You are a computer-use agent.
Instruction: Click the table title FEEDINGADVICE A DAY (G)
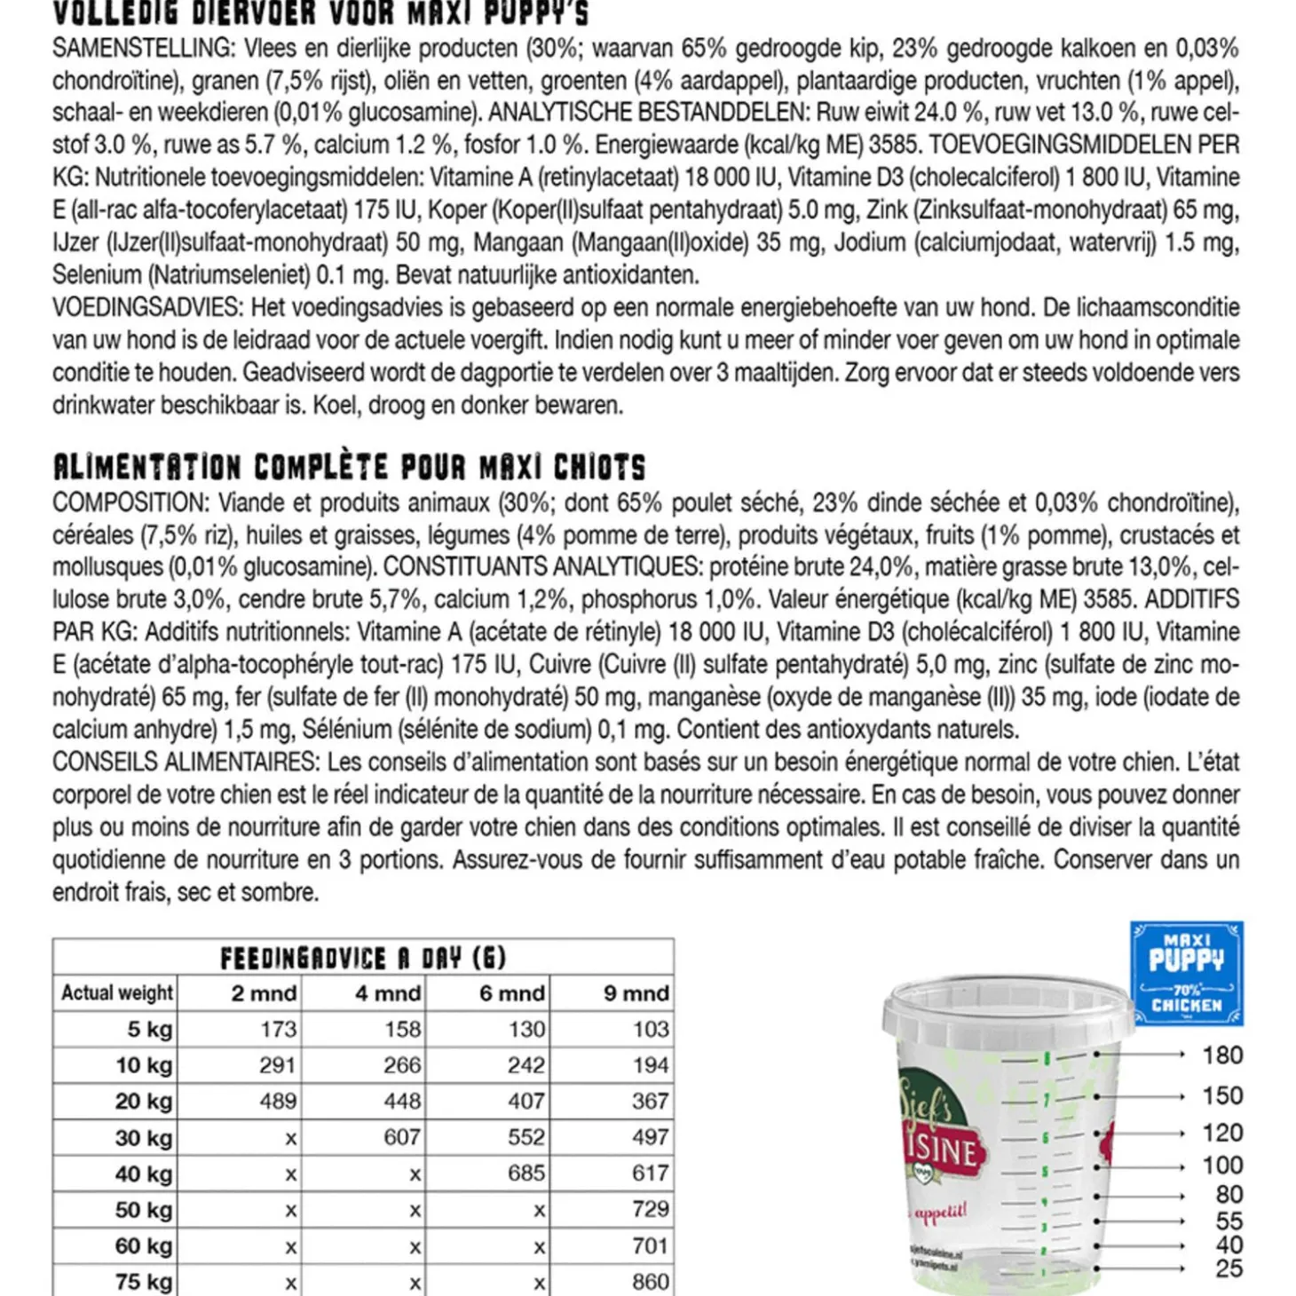click(x=363, y=958)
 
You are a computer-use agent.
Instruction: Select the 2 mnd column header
click(x=264, y=993)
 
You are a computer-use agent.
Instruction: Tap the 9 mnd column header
click(x=636, y=993)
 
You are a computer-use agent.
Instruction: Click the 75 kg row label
click(x=143, y=1282)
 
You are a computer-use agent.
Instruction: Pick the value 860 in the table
click(x=650, y=1282)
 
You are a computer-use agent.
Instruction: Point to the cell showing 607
click(x=402, y=1137)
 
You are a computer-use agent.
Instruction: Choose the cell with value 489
click(x=278, y=1101)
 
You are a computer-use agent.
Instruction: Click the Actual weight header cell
click(x=116, y=993)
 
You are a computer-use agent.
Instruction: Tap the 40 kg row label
click(x=143, y=1174)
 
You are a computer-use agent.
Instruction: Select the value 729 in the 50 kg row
click(x=650, y=1209)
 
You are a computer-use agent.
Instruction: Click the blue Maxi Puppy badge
click(x=1186, y=973)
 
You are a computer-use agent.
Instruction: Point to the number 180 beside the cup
click(x=1222, y=1055)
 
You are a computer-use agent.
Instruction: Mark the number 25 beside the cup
click(x=1229, y=1268)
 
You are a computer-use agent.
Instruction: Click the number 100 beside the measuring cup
click(x=1222, y=1166)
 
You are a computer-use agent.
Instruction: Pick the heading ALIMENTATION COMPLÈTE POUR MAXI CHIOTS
click(x=349, y=467)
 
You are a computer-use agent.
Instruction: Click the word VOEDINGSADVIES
click(x=146, y=308)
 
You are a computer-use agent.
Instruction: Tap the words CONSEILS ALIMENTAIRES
click(x=184, y=763)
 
